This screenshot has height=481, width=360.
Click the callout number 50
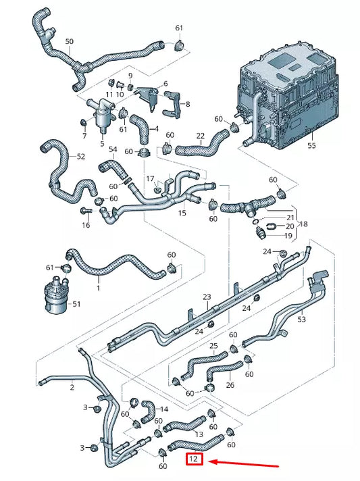coord(69,42)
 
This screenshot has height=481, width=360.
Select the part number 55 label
coord(311,145)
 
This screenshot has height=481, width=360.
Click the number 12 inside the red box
coord(194,459)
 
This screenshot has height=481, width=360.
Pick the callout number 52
coord(81,157)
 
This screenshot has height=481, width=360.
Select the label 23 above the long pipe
coord(207,297)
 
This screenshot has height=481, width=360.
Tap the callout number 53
coord(301,319)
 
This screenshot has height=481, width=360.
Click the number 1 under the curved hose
coord(98,288)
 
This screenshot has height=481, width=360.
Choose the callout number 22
coord(200,136)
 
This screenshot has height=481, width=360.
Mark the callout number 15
coord(182,213)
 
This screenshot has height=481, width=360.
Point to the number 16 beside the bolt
coord(86,225)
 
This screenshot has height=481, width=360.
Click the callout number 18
coord(304,223)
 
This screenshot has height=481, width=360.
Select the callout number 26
coord(230,386)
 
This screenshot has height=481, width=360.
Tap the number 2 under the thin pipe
coord(72,388)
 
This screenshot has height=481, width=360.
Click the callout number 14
coord(163,409)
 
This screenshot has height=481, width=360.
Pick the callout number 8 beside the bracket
coord(187,104)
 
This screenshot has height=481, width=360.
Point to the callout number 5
coord(103,143)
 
